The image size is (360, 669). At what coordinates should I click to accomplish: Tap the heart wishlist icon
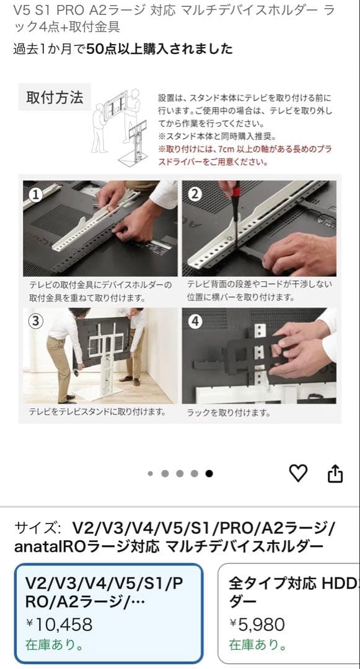(x=299, y=473)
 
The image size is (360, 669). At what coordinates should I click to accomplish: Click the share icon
(x=335, y=473)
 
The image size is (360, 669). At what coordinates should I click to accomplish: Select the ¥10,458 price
(x=59, y=624)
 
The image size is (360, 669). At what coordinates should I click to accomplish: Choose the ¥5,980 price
(x=257, y=624)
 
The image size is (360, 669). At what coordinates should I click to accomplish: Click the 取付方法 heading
(x=55, y=98)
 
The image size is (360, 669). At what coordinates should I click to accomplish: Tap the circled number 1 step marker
(x=35, y=194)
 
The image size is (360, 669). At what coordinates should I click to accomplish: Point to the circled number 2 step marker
(x=195, y=194)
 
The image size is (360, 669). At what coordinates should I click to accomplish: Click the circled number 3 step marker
(x=35, y=321)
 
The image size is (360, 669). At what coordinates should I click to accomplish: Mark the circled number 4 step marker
(x=195, y=321)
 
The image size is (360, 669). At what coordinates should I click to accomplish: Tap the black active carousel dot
(x=209, y=473)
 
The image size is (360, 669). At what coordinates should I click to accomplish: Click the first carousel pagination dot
(x=151, y=473)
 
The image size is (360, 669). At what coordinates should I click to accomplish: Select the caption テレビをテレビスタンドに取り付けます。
(x=97, y=411)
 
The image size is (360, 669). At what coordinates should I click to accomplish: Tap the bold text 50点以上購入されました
(x=160, y=49)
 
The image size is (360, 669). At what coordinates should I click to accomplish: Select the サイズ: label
(x=37, y=528)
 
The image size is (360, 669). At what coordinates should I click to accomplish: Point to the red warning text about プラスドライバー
(x=245, y=156)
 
